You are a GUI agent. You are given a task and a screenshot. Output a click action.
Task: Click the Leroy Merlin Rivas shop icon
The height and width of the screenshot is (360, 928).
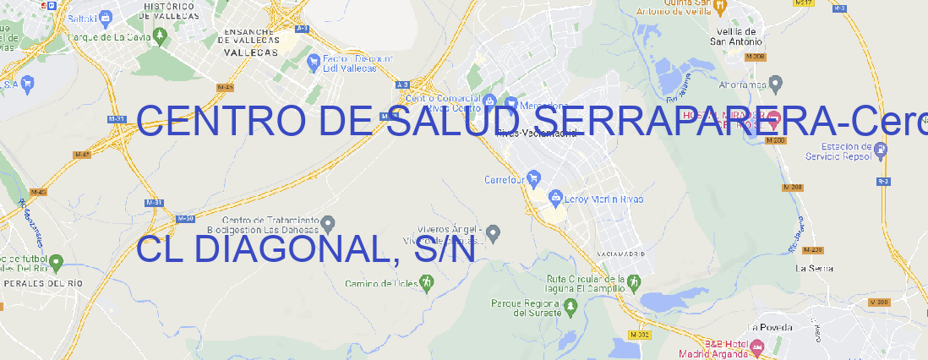click(555, 199)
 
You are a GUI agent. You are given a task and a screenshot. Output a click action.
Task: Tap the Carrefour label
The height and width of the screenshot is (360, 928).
click(505, 179)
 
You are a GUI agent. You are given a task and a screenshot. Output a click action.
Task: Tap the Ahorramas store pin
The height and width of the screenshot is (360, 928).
click(776, 83)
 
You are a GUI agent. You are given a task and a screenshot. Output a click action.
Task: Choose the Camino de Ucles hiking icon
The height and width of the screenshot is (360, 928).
click(426, 283)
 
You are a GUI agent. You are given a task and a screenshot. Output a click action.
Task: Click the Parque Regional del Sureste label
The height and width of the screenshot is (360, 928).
click(525, 308)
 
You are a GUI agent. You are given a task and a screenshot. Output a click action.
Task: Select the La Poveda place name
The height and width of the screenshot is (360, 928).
click(770, 327)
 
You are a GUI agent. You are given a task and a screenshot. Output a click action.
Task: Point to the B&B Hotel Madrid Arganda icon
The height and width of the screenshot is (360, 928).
click(757, 346)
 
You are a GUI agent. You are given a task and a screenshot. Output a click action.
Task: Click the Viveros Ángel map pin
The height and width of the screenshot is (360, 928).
click(494, 232)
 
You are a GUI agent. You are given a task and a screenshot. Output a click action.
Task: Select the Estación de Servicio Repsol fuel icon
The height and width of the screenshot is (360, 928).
click(882, 150)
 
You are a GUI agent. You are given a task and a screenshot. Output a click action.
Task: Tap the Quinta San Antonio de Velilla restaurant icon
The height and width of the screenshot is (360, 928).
click(720, 7)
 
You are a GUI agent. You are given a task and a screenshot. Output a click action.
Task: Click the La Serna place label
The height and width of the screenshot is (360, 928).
click(815, 268)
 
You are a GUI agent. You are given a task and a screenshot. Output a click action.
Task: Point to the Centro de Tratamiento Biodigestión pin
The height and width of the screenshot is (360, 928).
click(329, 223)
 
